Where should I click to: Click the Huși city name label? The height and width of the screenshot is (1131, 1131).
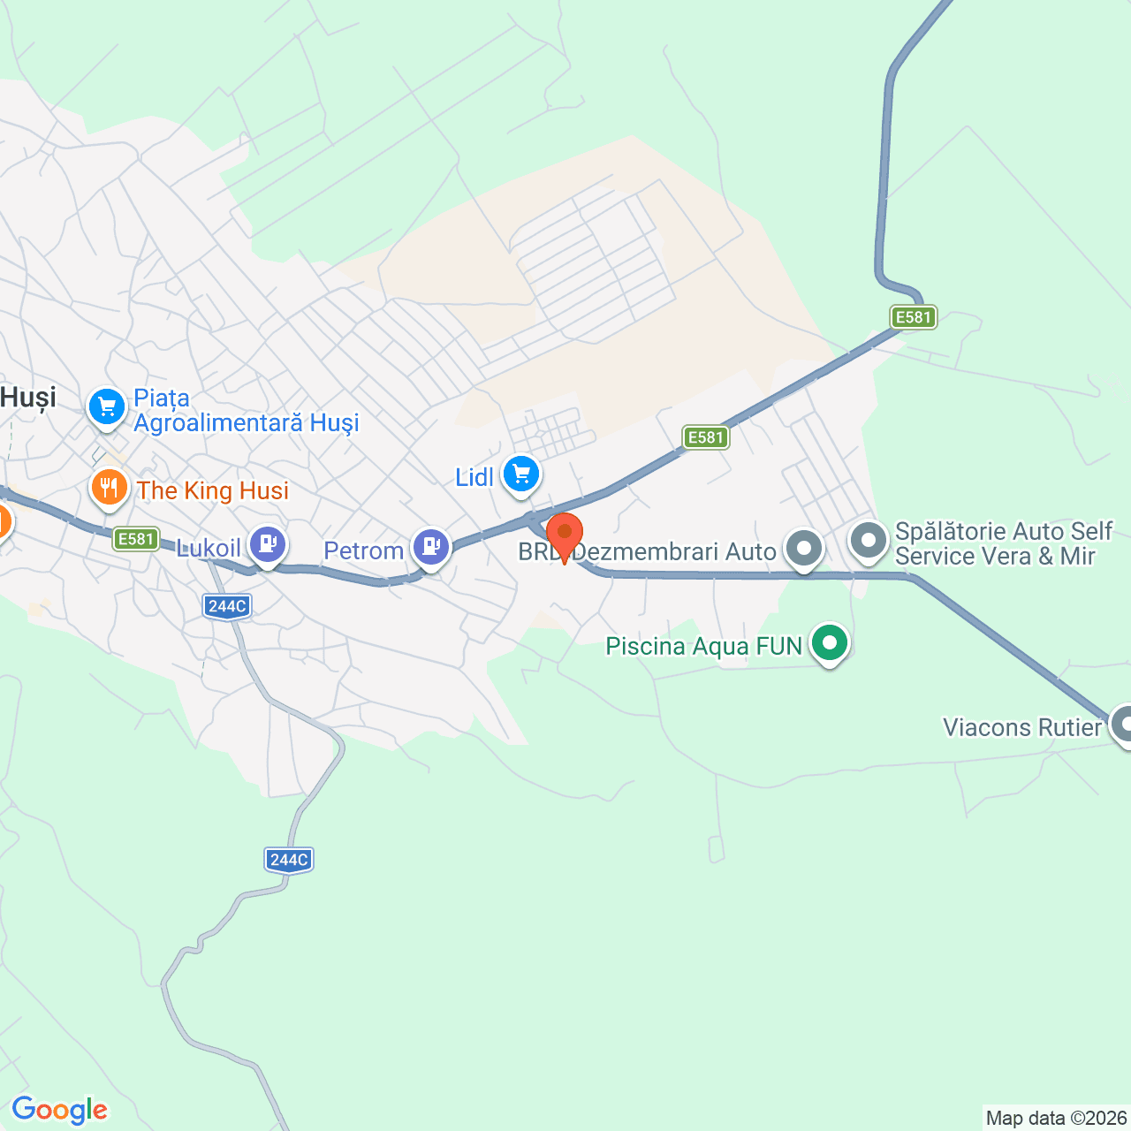click(x=28, y=398)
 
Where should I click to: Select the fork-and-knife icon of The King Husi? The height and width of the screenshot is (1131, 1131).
click(x=110, y=488)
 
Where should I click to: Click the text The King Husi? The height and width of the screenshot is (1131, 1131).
click(x=213, y=490)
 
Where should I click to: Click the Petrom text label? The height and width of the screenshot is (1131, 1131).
click(x=363, y=551)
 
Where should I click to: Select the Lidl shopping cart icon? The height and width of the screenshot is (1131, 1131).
click(x=521, y=474)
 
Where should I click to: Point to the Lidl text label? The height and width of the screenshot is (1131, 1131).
click(x=474, y=478)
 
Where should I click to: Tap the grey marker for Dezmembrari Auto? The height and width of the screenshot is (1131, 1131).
click(x=803, y=548)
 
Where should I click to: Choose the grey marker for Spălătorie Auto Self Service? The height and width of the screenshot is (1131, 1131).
click(x=869, y=540)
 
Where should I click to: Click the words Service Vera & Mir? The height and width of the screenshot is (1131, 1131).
click(x=995, y=557)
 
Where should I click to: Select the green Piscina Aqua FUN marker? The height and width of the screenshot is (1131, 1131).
click(x=829, y=643)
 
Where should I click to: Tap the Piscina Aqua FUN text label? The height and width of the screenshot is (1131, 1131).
click(x=703, y=647)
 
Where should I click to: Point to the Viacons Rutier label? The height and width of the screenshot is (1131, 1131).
click(x=1022, y=727)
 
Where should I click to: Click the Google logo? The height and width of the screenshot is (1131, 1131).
click(x=59, y=1110)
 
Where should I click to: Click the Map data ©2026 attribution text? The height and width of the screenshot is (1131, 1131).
click(x=1057, y=1119)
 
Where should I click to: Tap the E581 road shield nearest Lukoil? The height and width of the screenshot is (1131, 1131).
click(x=136, y=539)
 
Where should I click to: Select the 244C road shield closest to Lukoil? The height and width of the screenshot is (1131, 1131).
click(x=227, y=606)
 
